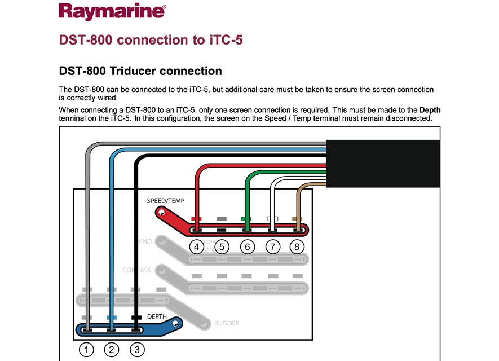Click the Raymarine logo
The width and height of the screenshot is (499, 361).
(112, 11)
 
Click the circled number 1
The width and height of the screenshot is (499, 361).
(86, 350)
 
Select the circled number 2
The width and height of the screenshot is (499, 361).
(112, 350)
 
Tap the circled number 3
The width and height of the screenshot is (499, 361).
(137, 350)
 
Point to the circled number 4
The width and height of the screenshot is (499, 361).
(196, 246)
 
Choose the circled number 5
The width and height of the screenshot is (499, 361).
(222, 246)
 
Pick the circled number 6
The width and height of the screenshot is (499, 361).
(247, 246)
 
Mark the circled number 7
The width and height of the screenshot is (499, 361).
(272, 246)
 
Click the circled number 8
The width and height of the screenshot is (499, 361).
(298, 246)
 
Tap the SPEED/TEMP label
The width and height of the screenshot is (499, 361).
(166, 201)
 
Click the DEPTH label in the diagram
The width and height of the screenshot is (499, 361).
(157, 317)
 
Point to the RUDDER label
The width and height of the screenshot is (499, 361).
(227, 323)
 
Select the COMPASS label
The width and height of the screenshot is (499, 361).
(137, 270)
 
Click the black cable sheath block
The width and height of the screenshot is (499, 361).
(383, 164)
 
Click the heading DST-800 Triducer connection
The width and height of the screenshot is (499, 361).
(140, 71)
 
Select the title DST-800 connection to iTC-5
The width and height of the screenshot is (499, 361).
(151, 40)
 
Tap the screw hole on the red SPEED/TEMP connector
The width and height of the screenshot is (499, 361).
(162, 213)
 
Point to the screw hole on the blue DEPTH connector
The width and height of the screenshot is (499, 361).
(176, 324)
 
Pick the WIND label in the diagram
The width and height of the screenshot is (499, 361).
(144, 241)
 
